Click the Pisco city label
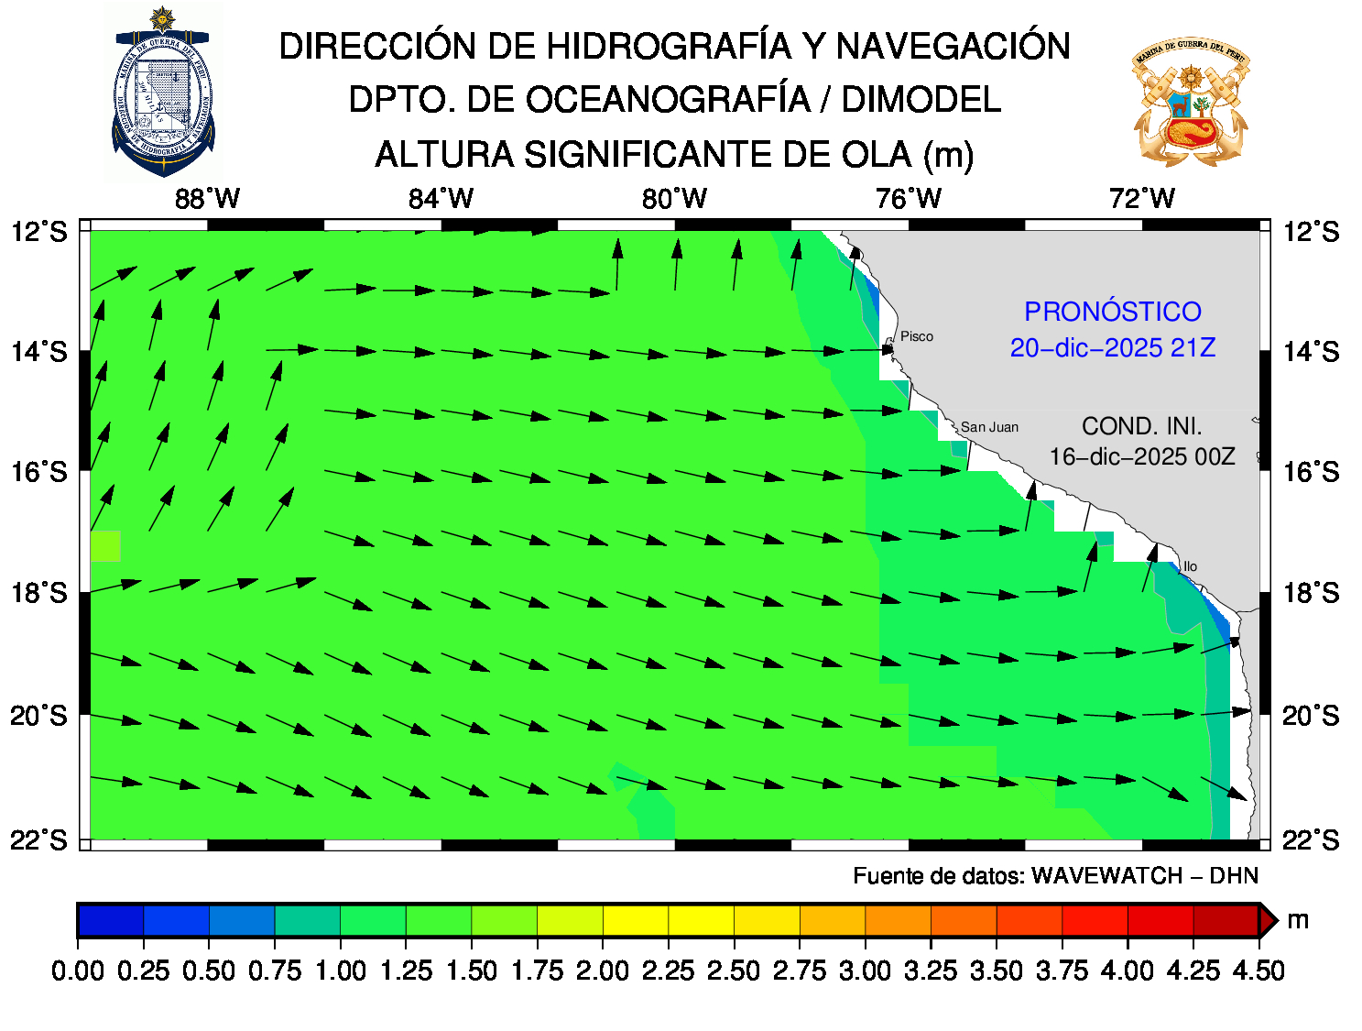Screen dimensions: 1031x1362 coord(916,336)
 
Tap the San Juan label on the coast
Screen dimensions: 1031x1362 coord(989,427)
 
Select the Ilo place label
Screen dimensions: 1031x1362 coord(1190,566)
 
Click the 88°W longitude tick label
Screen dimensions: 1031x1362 coord(208,199)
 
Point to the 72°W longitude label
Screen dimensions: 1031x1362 coord(1141,199)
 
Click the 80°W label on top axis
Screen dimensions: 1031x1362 coord(675,199)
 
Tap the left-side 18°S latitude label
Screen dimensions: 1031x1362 coord(39,593)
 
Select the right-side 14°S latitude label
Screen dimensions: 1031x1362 coord(1311,352)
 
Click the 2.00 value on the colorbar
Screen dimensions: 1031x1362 coord(603,971)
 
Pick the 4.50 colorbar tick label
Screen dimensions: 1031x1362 coord(1258,971)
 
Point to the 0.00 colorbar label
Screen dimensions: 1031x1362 coord(78,971)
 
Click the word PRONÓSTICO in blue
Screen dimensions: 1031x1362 coord(1112,312)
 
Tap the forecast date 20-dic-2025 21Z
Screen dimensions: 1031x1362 coord(1112,348)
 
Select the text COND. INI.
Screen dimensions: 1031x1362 coord(1141,426)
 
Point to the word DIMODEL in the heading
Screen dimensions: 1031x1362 coord(921,100)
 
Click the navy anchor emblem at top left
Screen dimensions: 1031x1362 coord(163,92)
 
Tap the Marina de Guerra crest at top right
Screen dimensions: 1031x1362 coord(1190,101)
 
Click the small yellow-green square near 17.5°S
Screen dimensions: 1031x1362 coord(105,546)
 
